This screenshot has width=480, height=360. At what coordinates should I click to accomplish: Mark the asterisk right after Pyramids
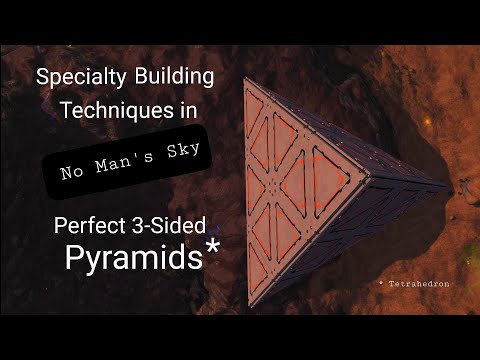[213, 248]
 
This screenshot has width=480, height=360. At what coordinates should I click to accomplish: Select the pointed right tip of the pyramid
[445, 185]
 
